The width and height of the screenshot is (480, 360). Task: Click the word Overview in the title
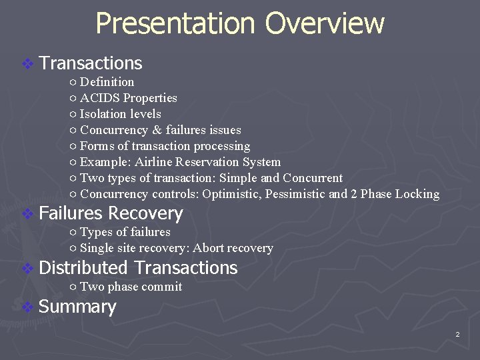(x=324, y=24)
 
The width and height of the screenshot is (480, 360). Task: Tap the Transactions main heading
(x=91, y=63)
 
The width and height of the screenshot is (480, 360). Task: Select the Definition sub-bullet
(x=107, y=82)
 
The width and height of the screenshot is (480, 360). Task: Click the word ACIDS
(x=100, y=98)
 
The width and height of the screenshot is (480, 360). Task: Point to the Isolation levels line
(x=120, y=114)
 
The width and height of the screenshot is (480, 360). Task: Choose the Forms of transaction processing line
(x=165, y=146)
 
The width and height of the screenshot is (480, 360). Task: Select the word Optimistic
(x=233, y=194)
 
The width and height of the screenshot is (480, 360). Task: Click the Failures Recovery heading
(x=111, y=213)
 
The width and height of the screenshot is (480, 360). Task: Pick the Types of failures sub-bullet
(x=125, y=232)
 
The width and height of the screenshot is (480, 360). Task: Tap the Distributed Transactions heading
(x=138, y=268)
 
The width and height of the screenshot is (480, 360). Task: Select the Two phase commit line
(x=131, y=287)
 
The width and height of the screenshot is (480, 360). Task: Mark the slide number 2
(x=457, y=335)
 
